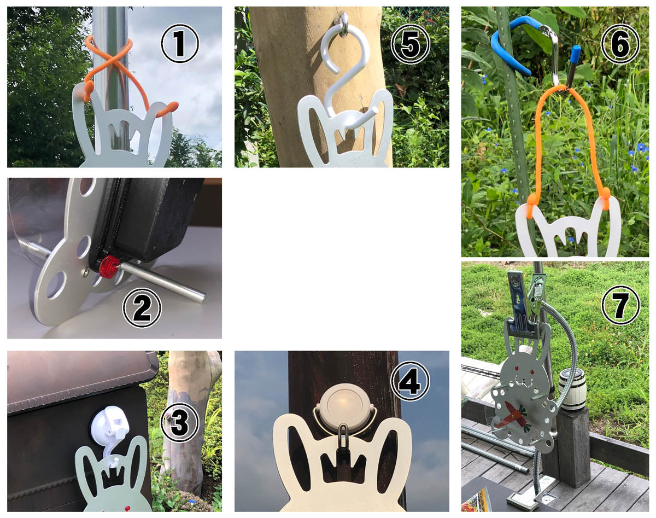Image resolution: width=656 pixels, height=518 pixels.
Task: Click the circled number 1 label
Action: (x=179, y=44)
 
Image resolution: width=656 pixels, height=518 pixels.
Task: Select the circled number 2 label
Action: (x=142, y=307)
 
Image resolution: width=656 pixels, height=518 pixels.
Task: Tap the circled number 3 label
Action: (x=179, y=422)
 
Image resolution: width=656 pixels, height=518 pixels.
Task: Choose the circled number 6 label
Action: (x=620, y=44)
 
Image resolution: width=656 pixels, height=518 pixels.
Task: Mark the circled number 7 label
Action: (x=620, y=305)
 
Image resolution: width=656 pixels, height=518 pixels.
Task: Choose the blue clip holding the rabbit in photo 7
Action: (x=520, y=305)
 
